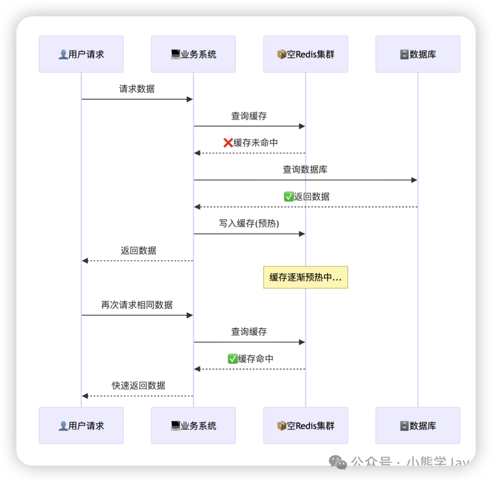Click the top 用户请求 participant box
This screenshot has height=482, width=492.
coord(81,54)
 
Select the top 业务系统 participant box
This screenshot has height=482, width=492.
coord(193,54)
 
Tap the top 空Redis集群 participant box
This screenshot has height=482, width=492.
coord(305,54)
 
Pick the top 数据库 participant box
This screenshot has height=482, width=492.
coord(418,54)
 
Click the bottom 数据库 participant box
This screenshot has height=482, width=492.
coord(418,426)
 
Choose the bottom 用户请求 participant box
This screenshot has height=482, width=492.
coord(81,426)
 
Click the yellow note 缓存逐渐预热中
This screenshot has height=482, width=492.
coord(305,277)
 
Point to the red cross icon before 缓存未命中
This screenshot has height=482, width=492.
coord(228,143)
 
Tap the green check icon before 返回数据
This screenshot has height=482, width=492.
coord(288,196)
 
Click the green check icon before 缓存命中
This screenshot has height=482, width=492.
coord(233,359)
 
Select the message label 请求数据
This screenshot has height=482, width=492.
coord(137,89)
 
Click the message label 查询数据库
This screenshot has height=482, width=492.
coord(305,169)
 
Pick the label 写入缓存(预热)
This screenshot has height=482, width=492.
coord(249,223)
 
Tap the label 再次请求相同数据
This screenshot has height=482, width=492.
coord(137,304)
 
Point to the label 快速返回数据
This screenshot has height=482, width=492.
coord(138,385)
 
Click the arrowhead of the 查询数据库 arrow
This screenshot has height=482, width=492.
coord(414,180)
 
